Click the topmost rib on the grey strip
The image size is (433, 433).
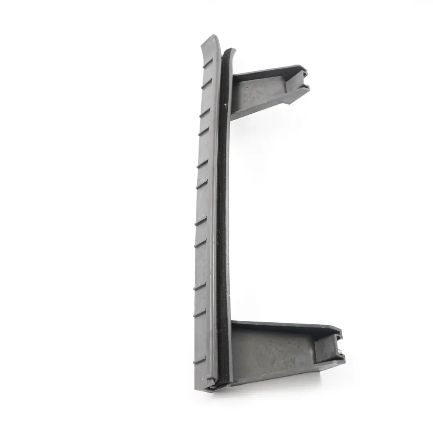[208, 63]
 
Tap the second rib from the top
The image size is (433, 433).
[206, 83]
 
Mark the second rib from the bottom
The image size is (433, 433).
[199, 313]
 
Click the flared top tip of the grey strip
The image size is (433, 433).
[211, 39]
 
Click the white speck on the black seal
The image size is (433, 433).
[226, 105]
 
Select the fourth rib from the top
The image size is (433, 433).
[204, 131]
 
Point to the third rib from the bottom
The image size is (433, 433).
[200, 286]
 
